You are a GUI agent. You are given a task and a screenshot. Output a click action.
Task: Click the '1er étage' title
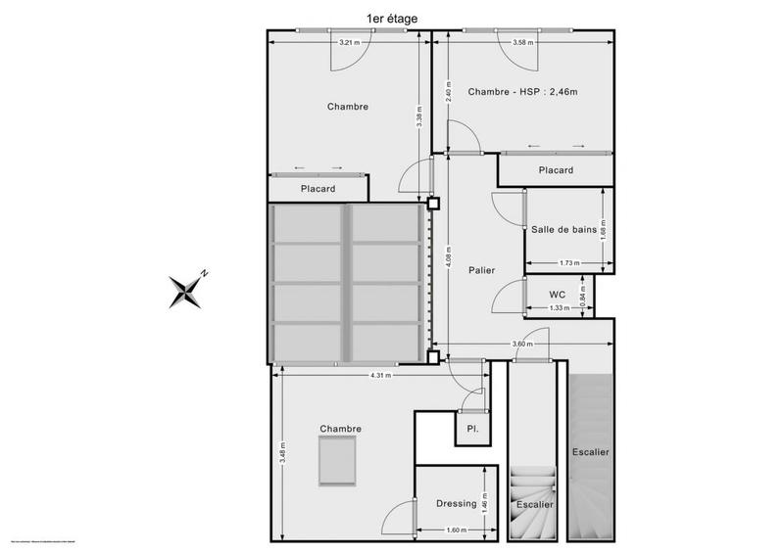point(391,17)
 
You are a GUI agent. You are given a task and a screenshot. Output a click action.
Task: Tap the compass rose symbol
point(189,288)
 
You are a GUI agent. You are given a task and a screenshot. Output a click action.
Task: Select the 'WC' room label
point(557,294)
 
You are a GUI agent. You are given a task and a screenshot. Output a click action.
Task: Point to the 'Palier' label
point(481,270)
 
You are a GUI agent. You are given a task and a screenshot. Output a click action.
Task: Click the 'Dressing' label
point(456,503)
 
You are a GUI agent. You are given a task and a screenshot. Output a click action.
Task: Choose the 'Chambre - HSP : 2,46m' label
point(523,92)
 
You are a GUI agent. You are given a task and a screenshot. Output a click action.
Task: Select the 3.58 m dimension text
point(523,42)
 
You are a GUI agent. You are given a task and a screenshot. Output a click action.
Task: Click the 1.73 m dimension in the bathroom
point(569,262)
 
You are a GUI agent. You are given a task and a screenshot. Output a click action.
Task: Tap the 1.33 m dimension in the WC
point(560,307)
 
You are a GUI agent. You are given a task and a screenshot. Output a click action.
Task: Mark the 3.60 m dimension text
point(521,345)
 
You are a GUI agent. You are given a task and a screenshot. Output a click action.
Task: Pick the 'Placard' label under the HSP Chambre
point(556,170)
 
